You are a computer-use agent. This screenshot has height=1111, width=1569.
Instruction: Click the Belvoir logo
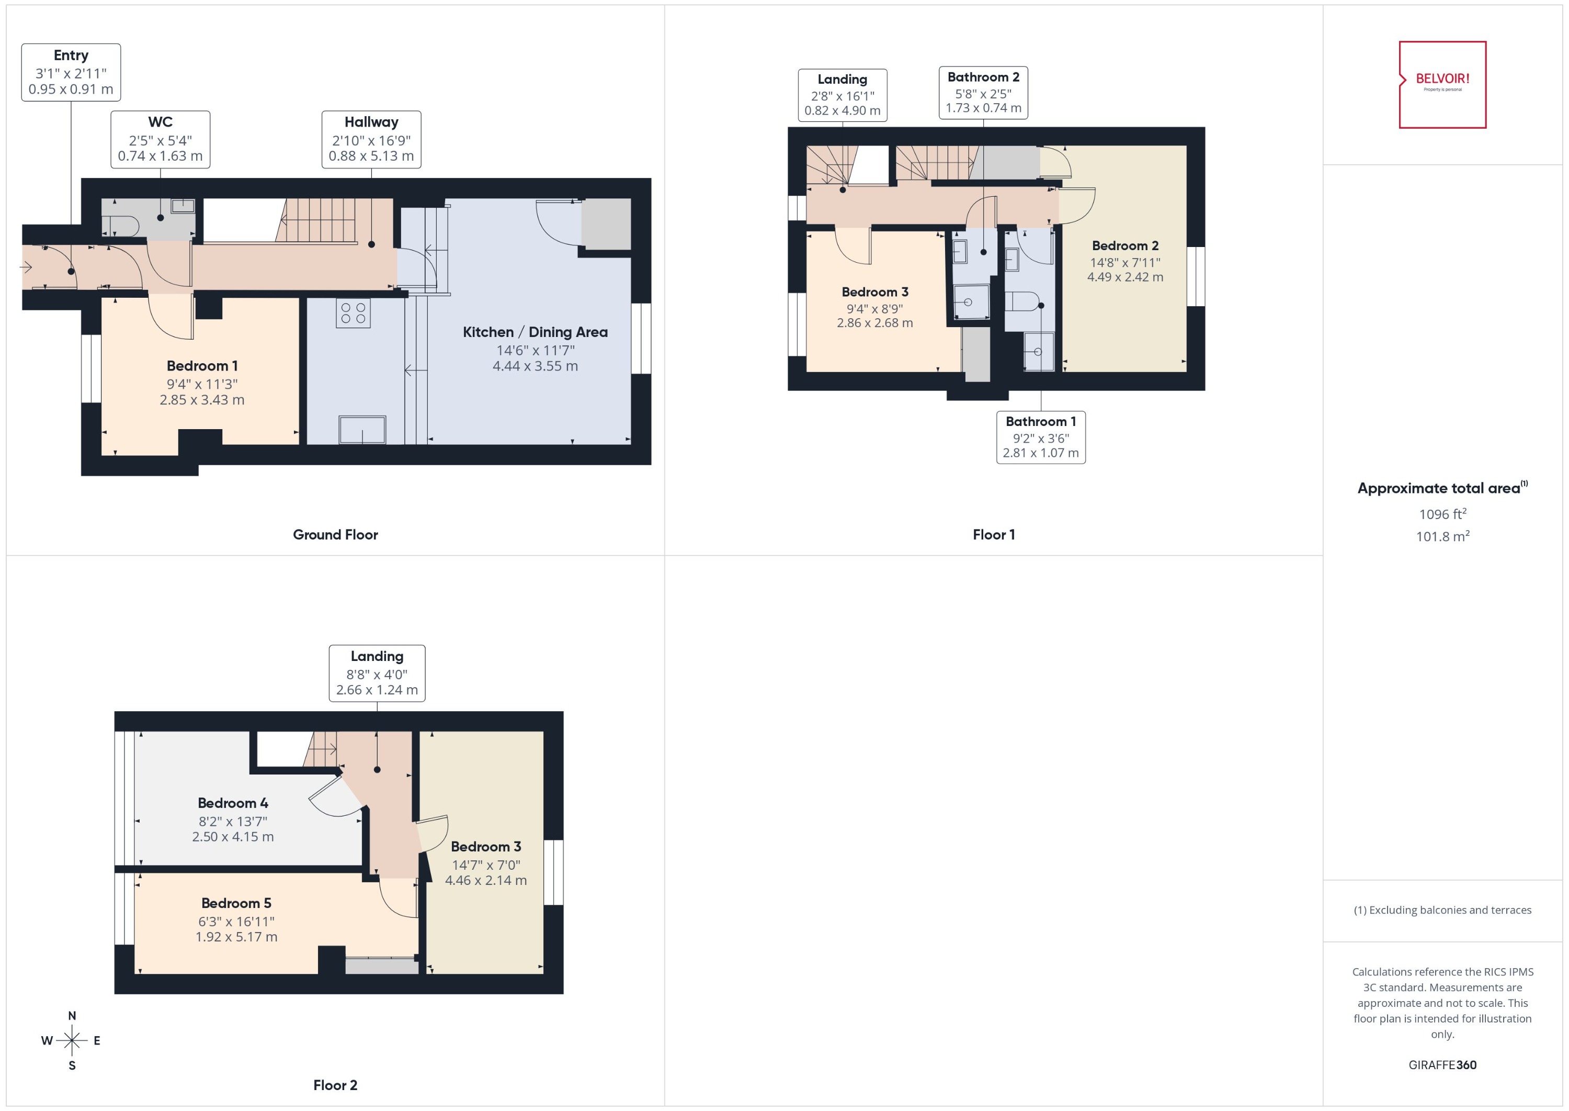pos(1442,84)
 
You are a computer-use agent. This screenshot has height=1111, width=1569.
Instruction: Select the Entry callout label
pos(71,72)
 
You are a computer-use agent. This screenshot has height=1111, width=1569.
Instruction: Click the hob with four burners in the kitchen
pos(353,313)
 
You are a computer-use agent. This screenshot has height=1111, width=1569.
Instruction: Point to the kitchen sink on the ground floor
pos(362,430)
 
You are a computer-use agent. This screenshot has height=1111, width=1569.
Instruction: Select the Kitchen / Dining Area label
pos(535,332)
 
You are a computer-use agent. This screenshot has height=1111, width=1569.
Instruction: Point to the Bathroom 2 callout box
pos(982,92)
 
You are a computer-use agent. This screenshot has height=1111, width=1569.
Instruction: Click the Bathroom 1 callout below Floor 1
pos(1040,436)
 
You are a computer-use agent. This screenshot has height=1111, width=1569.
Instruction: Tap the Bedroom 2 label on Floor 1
pos(1124,245)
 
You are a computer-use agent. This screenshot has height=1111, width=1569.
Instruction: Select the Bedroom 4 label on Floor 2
pos(232,803)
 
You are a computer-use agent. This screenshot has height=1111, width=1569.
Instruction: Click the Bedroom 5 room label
pos(236,903)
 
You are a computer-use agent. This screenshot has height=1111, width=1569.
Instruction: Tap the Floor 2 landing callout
pos(377,672)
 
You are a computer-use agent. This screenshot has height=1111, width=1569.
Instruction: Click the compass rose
pos(72,1040)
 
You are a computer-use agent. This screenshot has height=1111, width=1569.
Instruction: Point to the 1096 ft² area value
pos(1442,514)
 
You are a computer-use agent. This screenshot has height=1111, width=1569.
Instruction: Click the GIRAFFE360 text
pos(1442,1064)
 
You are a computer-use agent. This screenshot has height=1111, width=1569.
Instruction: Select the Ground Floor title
pos(335,534)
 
